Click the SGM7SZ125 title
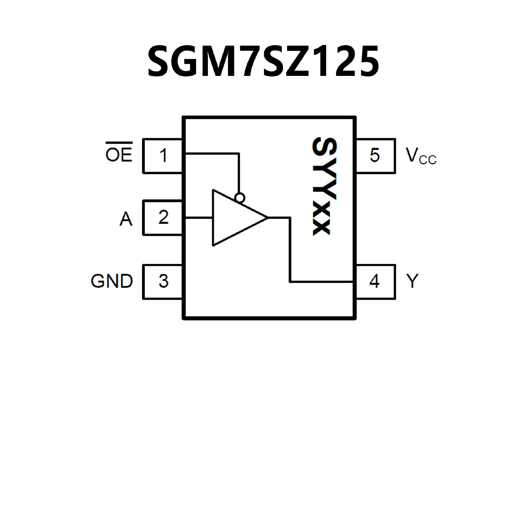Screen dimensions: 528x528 tap(263, 61)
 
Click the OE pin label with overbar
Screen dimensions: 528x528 tap(119, 153)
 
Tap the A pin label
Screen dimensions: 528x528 tap(126, 219)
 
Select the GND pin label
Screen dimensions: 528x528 tap(112, 281)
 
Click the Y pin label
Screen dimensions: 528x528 tap(412, 281)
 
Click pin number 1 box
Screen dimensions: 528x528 tap(163, 156)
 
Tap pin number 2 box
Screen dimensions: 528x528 tap(163, 218)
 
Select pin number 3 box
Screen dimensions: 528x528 tap(163, 282)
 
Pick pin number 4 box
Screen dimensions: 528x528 tap(375, 282)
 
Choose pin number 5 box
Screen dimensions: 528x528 tap(375, 156)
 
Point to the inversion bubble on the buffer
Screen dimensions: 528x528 tap(240, 197)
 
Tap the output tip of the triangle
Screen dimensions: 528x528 tap(267, 218)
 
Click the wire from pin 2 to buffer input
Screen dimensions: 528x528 tap(199, 218)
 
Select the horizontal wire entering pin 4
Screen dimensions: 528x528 tap(322, 282)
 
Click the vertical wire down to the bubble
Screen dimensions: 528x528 tap(239, 173)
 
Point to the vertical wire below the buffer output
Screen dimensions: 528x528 tap(290, 250)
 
